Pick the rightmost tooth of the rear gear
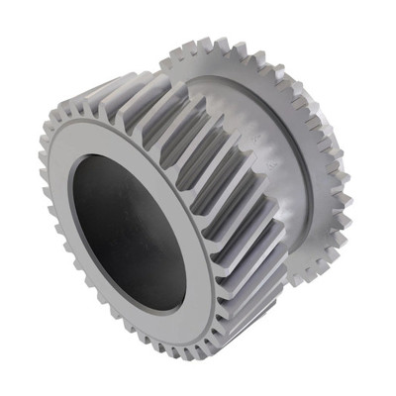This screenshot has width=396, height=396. click(x=347, y=198)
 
